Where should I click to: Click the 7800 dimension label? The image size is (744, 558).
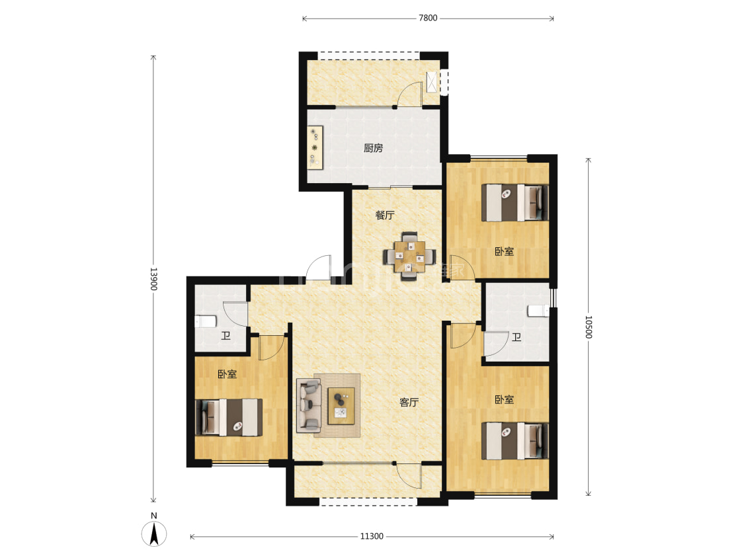click(427, 18)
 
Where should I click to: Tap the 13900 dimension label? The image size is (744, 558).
click(153, 279)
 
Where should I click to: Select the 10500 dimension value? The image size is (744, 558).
click(589, 327)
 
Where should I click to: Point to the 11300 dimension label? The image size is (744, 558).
click(372, 536)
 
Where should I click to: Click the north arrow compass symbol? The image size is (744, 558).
click(153, 533)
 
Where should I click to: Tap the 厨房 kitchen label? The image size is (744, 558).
click(374, 148)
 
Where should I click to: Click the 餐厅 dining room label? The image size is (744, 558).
click(385, 215)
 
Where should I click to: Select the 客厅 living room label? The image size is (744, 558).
click(409, 403)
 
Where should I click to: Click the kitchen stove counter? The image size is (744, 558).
click(315, 147)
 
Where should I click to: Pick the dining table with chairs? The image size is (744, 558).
click(409, 257)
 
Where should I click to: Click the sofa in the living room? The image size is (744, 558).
click(309, 405)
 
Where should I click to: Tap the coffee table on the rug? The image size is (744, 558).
click(341, 406)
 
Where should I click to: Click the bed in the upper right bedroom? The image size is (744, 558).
click(515, 202)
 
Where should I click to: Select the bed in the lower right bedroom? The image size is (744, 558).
click(515, 441)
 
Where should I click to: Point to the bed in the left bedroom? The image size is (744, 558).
click(229, 417)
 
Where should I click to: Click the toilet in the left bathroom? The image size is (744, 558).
click(206, 321)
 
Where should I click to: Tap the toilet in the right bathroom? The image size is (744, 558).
click(538, 311)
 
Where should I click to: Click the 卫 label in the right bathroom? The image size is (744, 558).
click(517, 337)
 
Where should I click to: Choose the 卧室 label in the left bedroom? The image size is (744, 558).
click(227, 374)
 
